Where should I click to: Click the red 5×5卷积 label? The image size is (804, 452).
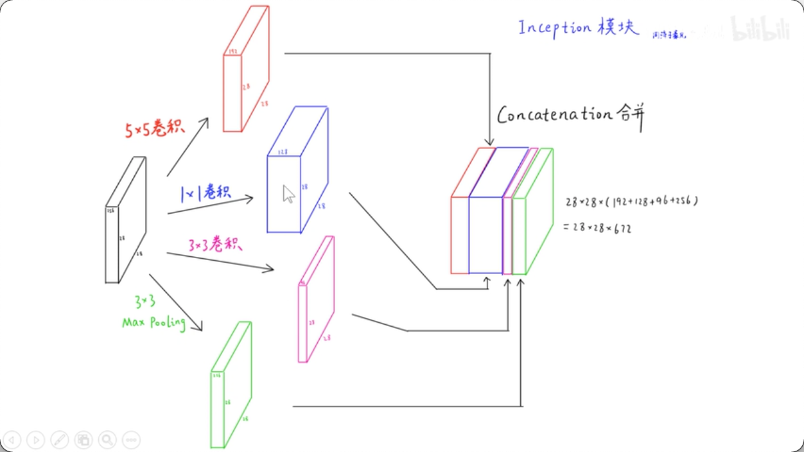155,128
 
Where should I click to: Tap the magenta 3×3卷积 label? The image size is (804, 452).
215,245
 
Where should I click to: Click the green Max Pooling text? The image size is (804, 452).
154,322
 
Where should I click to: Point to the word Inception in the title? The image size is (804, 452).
554,28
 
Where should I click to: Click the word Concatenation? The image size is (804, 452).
555,116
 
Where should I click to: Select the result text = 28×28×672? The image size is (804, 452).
597,227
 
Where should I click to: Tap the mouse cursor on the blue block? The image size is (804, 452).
288,193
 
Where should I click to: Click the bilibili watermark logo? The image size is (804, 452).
761,29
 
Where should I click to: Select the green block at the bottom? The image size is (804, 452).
231,385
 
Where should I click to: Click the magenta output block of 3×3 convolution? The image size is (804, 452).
316,299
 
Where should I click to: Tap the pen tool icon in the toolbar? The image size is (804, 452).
60,440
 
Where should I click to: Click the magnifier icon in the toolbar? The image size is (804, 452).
107,440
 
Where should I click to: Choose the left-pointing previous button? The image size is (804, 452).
12,440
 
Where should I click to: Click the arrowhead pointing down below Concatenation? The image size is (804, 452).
490,142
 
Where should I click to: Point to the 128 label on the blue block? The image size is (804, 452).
282,152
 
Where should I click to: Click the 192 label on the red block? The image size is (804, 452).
233,51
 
